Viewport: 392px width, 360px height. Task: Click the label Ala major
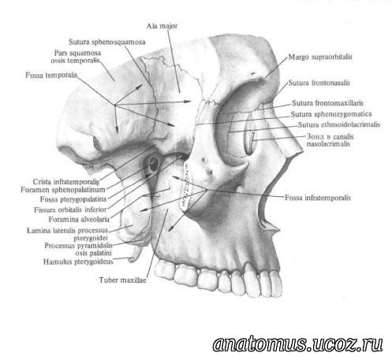[x=162, y=26]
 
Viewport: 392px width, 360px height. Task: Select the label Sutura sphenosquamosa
[x=107, y=42]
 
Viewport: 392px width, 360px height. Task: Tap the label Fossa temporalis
[x=51, y=75]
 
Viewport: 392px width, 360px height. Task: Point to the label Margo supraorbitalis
[x=320, y=57]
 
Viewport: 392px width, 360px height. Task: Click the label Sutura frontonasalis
[x=319, y=83]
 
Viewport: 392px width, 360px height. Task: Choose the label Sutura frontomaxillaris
[x=327, y=103]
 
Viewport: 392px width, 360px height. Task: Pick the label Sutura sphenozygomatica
[x=331, y=114]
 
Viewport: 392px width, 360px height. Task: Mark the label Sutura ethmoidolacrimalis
[x=339, y=124]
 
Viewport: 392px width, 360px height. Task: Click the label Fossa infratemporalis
[x=318, y=198]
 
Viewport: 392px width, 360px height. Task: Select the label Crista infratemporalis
[x=66, y=181]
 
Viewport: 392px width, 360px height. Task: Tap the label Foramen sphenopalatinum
[x=63, y=190]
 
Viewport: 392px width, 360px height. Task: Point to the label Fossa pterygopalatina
[x=73, y=199]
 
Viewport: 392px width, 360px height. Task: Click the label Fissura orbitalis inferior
[x=70, y=210]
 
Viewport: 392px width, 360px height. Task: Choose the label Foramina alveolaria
[x=79, y=219]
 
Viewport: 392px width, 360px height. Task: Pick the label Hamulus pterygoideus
[x=78, y=262]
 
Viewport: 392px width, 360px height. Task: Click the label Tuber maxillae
[x=122, y=280]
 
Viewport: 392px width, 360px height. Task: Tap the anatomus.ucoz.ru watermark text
[x=297, y=344]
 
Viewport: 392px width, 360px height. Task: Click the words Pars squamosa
[x=77, y=53]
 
